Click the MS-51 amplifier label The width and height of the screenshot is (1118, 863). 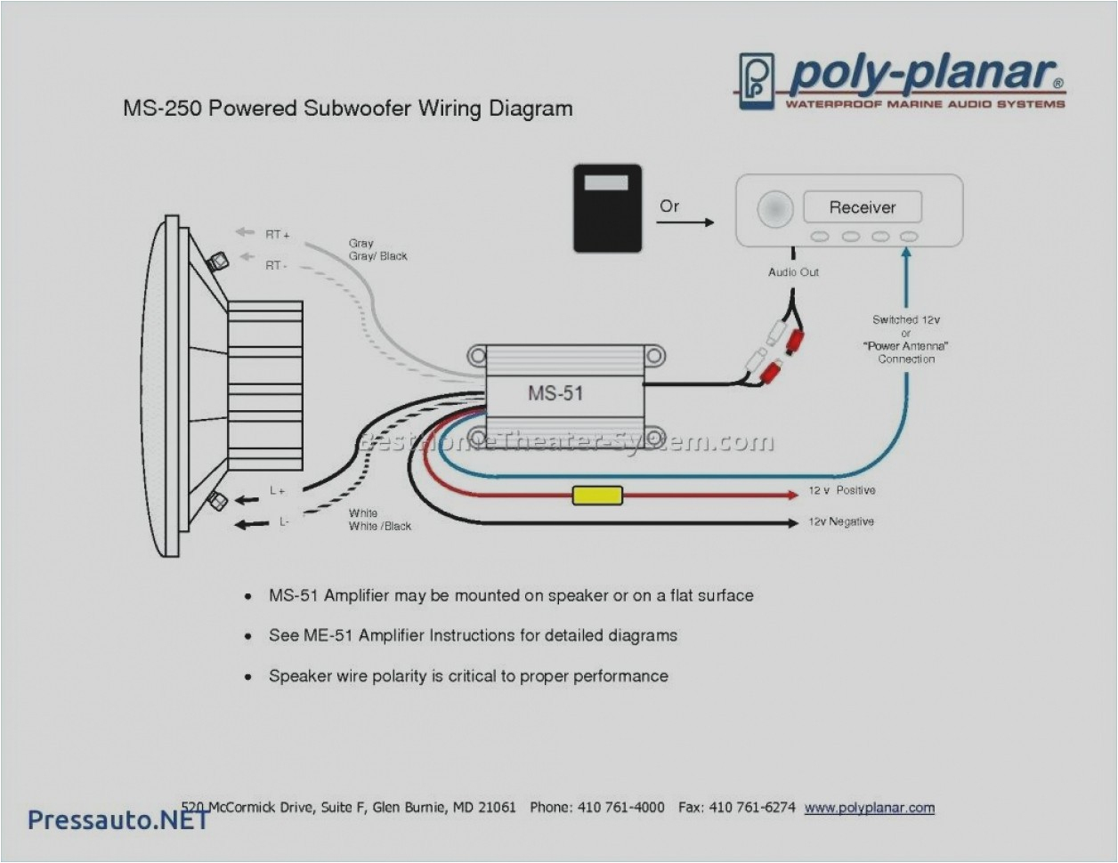coord(555,392)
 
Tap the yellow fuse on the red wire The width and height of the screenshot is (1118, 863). coord(597,496)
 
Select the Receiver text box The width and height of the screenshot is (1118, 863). coord(862,207)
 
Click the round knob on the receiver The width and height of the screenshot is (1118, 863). coord(774,209)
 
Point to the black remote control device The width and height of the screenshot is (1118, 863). coord(607,207)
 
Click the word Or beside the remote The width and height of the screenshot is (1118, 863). coord(669,206)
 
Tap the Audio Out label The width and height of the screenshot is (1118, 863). coord(793,272)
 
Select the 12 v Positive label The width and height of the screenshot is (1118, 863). coord(841,491)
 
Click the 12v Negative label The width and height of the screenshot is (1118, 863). coord(840,522)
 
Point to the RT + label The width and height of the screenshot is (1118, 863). coord(277,235)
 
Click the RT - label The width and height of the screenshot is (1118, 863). coord(275,266)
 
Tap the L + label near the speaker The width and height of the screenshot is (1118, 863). coord(278,491)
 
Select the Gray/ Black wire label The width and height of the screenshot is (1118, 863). coord(377,256)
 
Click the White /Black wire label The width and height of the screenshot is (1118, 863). coord(380,527)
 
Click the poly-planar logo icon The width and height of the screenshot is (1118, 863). coord(756,81)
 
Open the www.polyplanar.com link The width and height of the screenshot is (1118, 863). coord(869,808)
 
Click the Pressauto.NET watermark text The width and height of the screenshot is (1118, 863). coord(117,819)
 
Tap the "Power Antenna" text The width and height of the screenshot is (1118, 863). coord(906,346)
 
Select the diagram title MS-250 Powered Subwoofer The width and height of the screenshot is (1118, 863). coord(347,109)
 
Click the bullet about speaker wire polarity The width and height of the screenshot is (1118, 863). coord(468,676)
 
